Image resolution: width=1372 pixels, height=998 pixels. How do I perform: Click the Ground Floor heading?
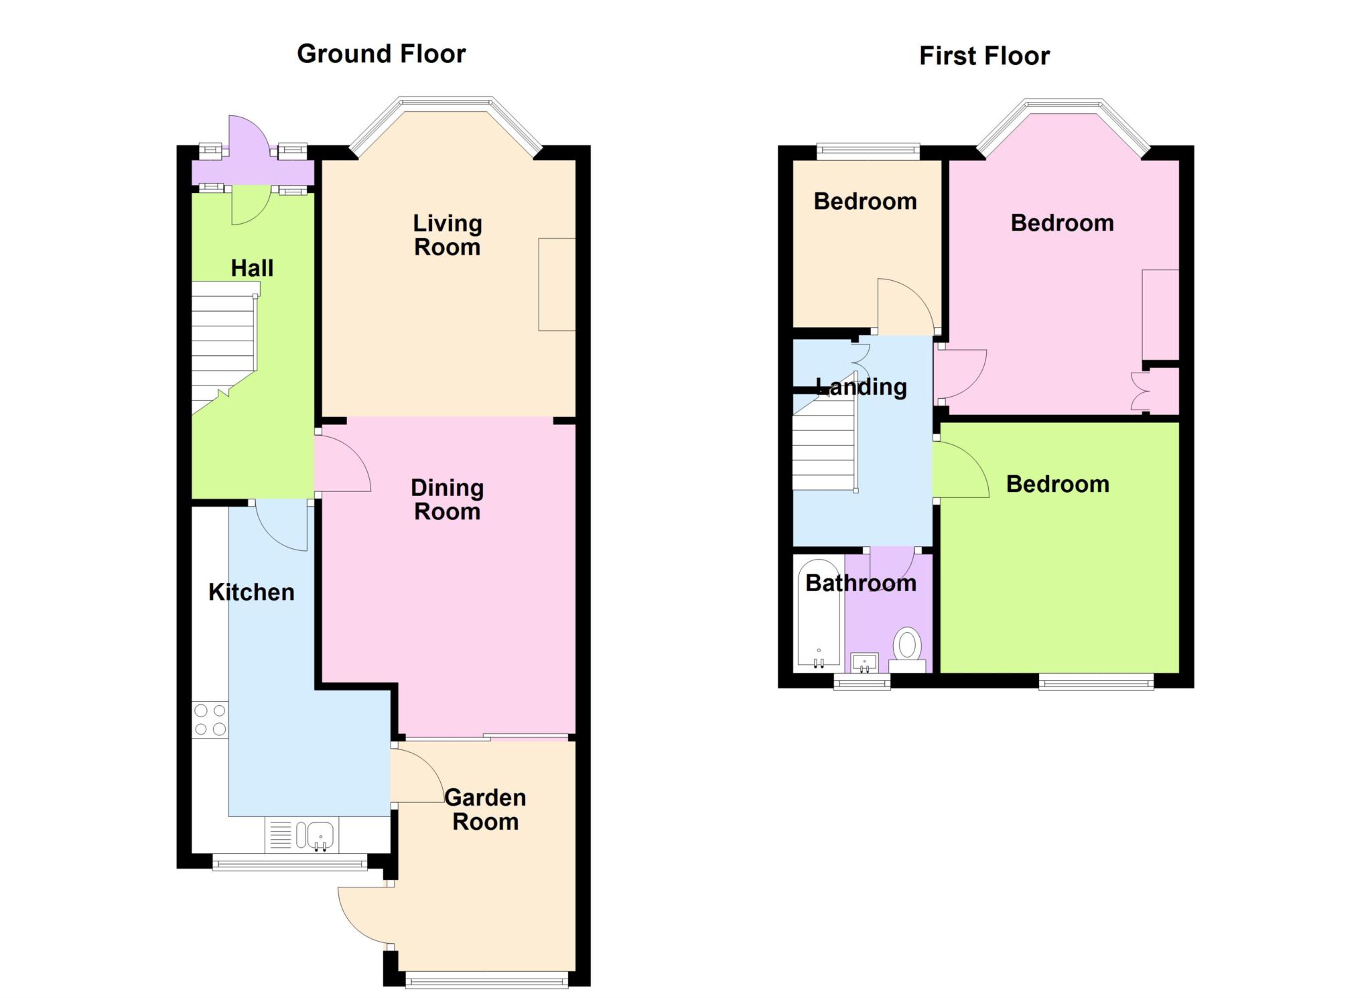tap(381, 54)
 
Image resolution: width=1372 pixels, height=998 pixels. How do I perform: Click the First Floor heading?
tap(984, 56)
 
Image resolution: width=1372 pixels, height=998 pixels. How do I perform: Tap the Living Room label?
tap(448, 235)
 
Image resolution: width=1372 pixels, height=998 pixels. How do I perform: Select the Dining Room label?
tap(448, 500)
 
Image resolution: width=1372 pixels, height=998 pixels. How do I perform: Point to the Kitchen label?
tap(251, 592)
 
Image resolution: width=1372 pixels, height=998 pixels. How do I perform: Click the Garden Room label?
tap(486, 810)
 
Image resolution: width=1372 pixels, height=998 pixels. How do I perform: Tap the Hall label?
tap(252, 268)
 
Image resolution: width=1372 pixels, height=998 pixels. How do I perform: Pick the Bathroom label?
tap(861, 583)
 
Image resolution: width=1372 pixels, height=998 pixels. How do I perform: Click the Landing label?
tap(862, 387)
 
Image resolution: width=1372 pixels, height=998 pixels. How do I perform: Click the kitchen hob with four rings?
tap(210, 720)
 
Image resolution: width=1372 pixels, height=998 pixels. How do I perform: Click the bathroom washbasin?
tap(864, 663)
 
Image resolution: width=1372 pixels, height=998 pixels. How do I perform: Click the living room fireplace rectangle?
tap(557, 284)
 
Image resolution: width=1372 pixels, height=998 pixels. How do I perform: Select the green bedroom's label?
tap(1058, 485)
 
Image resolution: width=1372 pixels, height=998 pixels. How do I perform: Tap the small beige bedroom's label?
tap(866, 202)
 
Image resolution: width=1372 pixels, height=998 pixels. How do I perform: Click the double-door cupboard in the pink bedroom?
tap(1156, 391)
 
